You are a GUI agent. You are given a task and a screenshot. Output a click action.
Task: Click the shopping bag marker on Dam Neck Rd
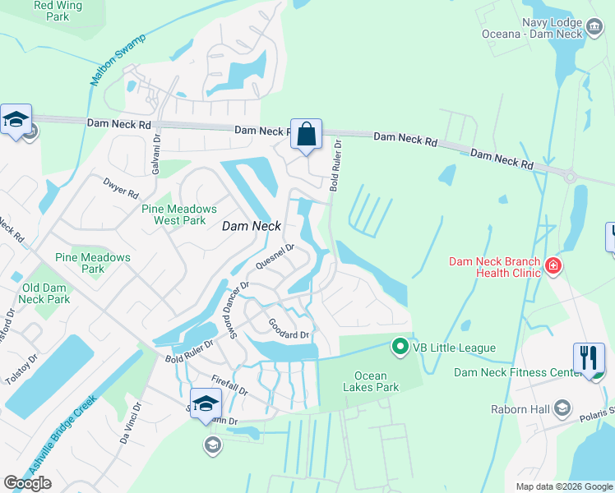(306, 134)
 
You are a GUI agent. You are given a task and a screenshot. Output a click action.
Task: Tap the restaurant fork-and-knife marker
(589, 358)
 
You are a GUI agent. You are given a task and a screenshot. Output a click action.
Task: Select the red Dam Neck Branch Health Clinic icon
(553, 265)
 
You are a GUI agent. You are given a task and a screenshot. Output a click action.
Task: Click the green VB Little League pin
(400, 347)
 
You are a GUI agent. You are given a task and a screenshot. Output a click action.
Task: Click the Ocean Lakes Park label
(370, 382)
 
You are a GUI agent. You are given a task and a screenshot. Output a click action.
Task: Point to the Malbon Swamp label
(118, 60)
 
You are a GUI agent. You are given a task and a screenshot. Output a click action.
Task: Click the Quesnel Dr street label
(275, 256)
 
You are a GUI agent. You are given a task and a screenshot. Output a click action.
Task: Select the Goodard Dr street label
(288, 334)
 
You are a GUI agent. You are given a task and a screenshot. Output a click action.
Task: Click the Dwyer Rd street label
(121, 187)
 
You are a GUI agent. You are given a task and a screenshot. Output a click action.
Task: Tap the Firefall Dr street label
(229, 384)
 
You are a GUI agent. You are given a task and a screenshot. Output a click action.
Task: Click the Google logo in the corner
(27, 483)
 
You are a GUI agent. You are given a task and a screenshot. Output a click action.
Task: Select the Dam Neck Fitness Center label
(514, 372)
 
